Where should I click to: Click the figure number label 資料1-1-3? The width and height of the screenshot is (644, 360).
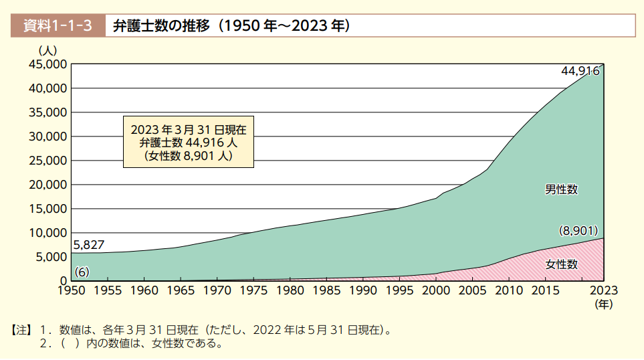point(58,26)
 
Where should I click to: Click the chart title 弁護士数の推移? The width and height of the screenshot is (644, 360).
point(161,26)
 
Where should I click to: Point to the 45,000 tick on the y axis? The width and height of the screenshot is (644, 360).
point(47,64)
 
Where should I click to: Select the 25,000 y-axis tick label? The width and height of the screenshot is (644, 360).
point(47,161)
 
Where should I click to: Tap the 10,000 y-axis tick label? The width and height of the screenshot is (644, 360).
point(47,233)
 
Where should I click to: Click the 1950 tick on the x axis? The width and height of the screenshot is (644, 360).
point(72,290)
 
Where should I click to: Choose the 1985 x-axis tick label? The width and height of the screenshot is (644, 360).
point(326,290)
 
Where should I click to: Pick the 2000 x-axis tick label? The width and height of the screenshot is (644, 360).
point(436,290)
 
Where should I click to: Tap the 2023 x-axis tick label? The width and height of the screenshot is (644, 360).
point(604,290)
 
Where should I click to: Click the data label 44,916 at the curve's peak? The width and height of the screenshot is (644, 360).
point(580,71)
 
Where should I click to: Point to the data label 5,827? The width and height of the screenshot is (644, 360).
point(89,245)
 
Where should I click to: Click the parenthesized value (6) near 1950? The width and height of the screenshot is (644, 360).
point(82,272)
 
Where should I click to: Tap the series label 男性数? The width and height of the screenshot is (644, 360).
point(561,189)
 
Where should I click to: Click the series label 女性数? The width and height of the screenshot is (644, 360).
point(562,264)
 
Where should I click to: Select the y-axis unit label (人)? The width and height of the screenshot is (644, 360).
point(47,51)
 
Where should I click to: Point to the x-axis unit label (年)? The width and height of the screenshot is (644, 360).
point(604,304)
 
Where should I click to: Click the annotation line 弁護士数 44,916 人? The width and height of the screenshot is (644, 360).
point(189,143)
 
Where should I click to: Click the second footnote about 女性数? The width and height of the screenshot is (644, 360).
point(132,343)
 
